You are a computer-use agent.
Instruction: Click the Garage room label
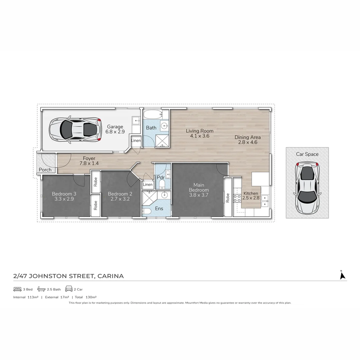tap(115, 127)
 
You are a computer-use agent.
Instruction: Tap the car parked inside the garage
tap(75, 129)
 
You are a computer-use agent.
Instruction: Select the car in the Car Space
tap(307, 188)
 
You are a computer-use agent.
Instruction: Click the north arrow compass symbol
tap(342, 275)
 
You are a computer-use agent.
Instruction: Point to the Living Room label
tap(199, 131)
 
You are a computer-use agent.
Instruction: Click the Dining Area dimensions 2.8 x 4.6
tap(247, 142)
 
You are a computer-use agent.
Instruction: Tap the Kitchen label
tap(251, 193)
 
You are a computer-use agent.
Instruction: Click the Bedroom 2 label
tap(120, 194)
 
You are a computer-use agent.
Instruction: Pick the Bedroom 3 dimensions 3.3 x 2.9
tap(64, 199)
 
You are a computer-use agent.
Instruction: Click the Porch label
tap(45, 170)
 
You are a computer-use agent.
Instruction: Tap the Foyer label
tap(89, 158)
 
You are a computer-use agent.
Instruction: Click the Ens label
tap(159, 209)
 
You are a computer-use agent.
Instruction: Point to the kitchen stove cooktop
tap(237, 198)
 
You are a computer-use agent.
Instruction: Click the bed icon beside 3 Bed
tap(17, 289)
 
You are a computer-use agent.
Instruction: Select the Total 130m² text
tap(86, 297)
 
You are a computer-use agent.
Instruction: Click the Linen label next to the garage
tap(136, 141)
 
